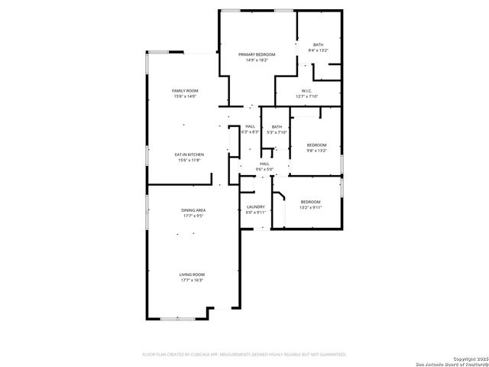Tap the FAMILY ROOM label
click(185, 91)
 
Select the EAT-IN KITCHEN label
click(190, 154)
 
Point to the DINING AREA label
click(193, 210)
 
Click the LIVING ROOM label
click(192, 274)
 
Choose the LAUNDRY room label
click(255, 206)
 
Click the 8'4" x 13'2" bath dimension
click(318, 50)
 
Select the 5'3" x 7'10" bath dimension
click(277, 132)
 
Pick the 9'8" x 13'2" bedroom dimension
click(316, 151)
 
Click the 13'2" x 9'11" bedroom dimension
click(310, 207)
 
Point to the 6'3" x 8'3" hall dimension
click(250, 132)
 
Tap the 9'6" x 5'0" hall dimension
click(264, 169)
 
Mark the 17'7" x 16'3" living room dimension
click(192, 281)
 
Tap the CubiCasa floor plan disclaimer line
click(244, 355)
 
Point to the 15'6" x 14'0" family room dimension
click(185, 96)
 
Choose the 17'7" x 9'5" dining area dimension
click(193, 216)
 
